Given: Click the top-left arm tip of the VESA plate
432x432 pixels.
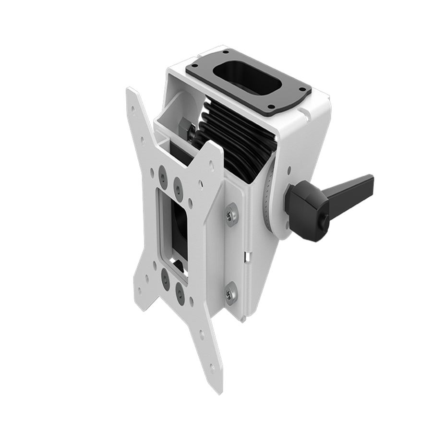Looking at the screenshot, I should [x=131, y=94].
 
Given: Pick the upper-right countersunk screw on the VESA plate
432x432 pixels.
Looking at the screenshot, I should [x=177, y=183].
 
